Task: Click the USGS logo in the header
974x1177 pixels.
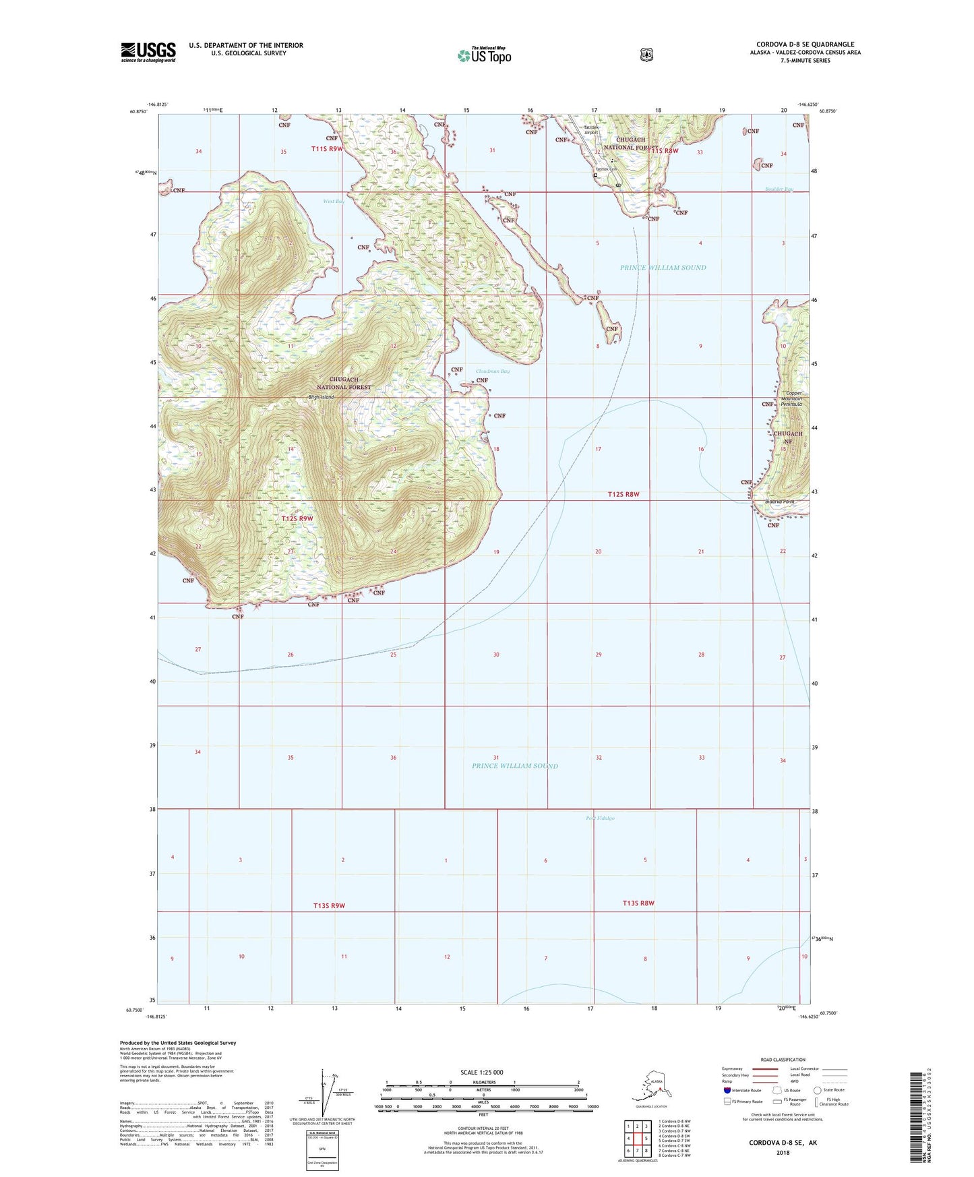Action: coord(148,52)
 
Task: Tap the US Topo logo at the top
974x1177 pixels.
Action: coord(484,55)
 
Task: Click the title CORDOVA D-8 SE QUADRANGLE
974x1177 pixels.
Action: coord(805,44)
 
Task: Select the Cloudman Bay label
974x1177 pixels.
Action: coord(493,371)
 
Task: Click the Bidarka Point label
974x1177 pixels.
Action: coord(780,502)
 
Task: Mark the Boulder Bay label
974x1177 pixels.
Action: coord(779,189)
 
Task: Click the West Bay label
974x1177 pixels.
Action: coord(334,201)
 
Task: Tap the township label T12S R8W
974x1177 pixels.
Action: coord(623,494)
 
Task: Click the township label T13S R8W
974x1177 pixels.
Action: coord(638,903)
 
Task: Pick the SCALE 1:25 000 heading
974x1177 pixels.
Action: coord(481,1072)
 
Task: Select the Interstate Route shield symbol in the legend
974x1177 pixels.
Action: coord(727,1090)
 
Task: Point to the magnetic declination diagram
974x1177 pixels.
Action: coord(322,1092)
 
